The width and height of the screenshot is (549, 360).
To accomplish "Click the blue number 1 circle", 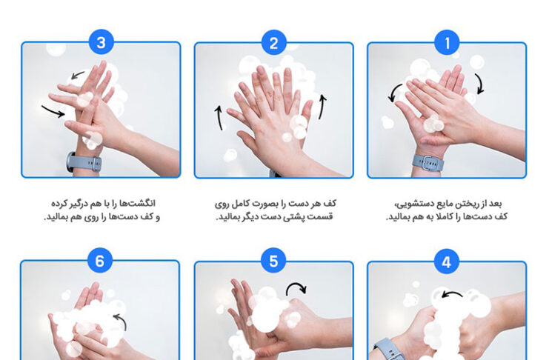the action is coord(447,43).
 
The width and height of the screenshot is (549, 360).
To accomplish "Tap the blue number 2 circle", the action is coord(274,43).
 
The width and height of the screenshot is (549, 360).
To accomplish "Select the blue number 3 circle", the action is coord(102,42).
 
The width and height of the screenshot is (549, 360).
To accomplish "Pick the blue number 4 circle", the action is coord(447,261).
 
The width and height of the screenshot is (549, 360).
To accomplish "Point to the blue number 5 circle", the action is coord(273,261).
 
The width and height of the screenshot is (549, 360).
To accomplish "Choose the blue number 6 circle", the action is coord(100,261).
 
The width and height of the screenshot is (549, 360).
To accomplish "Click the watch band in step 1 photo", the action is coord(427,163).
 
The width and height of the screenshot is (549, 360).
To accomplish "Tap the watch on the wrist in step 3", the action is coord(84,162).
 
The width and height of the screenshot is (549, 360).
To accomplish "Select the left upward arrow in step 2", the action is coord(219,118).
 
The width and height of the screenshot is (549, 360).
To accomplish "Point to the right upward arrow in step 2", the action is coord(322,107).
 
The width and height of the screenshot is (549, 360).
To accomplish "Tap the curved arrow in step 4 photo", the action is coord(452,293).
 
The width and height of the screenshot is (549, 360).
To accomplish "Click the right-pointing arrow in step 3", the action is coord(53,111).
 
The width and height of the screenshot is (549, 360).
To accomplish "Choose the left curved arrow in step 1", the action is coord(394,93).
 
